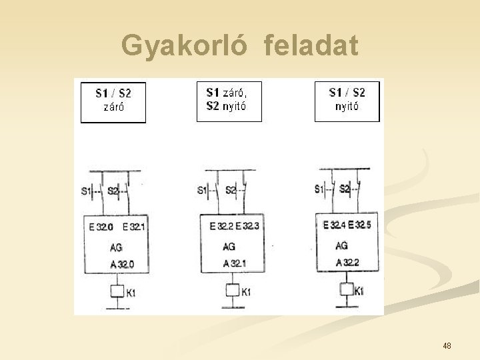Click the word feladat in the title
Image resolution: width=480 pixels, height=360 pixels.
point(311,47)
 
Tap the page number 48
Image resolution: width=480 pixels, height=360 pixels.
point(447,345)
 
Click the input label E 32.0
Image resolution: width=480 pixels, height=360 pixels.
point(101,227)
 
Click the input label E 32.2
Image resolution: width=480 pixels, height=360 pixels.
point(221,227)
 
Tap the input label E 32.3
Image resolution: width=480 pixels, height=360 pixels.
point(248,227)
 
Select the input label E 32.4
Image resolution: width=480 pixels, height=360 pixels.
point(334,225)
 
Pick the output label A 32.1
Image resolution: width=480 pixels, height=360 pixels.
point(235,263)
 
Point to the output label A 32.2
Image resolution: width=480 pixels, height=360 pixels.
point(347,263)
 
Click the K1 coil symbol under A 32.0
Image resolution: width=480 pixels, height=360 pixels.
point(117,291)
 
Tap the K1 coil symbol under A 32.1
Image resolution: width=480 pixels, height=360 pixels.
point(232,290)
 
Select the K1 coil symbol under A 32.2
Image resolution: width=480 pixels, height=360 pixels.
point(346,289)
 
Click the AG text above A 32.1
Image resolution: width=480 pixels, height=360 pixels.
point(229,247)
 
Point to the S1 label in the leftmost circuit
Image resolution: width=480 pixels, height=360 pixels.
point(86,191)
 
